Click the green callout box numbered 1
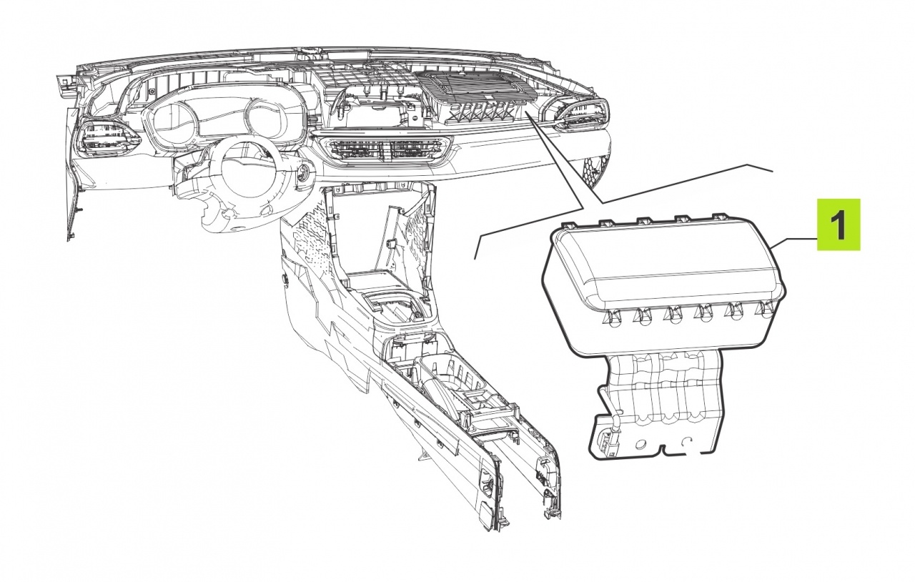[839, 225]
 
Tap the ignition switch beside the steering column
[304, 174]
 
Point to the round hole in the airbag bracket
[639, 444]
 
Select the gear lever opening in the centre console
[392, 307]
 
